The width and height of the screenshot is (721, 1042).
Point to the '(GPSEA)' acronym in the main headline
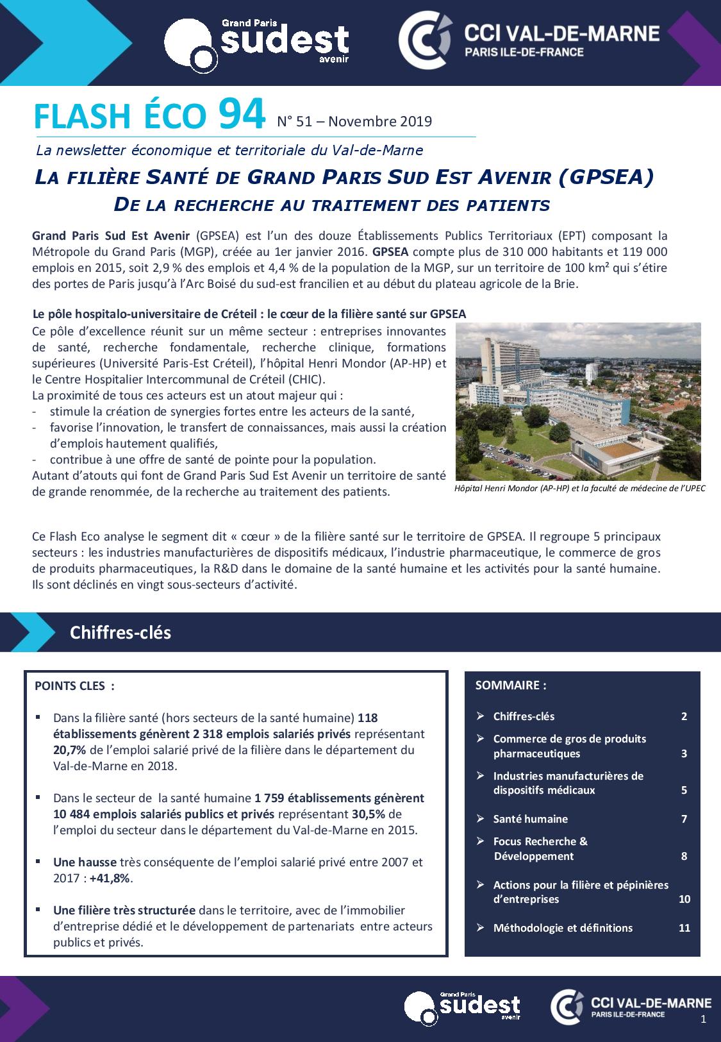pos(606,177)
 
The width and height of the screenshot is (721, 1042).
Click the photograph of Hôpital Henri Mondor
pos(578,401)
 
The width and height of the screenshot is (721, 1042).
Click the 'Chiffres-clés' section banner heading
pos(120,632)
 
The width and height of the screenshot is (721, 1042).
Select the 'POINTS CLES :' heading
pos(74,685)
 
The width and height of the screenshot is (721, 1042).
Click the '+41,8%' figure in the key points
pos(113,878)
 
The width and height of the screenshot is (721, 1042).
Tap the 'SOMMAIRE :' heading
pos(511,685)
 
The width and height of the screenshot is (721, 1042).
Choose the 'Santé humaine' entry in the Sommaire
pos(530,819)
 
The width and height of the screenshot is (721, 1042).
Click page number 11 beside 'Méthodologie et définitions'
pos(684,927)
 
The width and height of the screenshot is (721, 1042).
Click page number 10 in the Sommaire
pos(684,899)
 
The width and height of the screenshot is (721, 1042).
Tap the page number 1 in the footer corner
pos(704,1020)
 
